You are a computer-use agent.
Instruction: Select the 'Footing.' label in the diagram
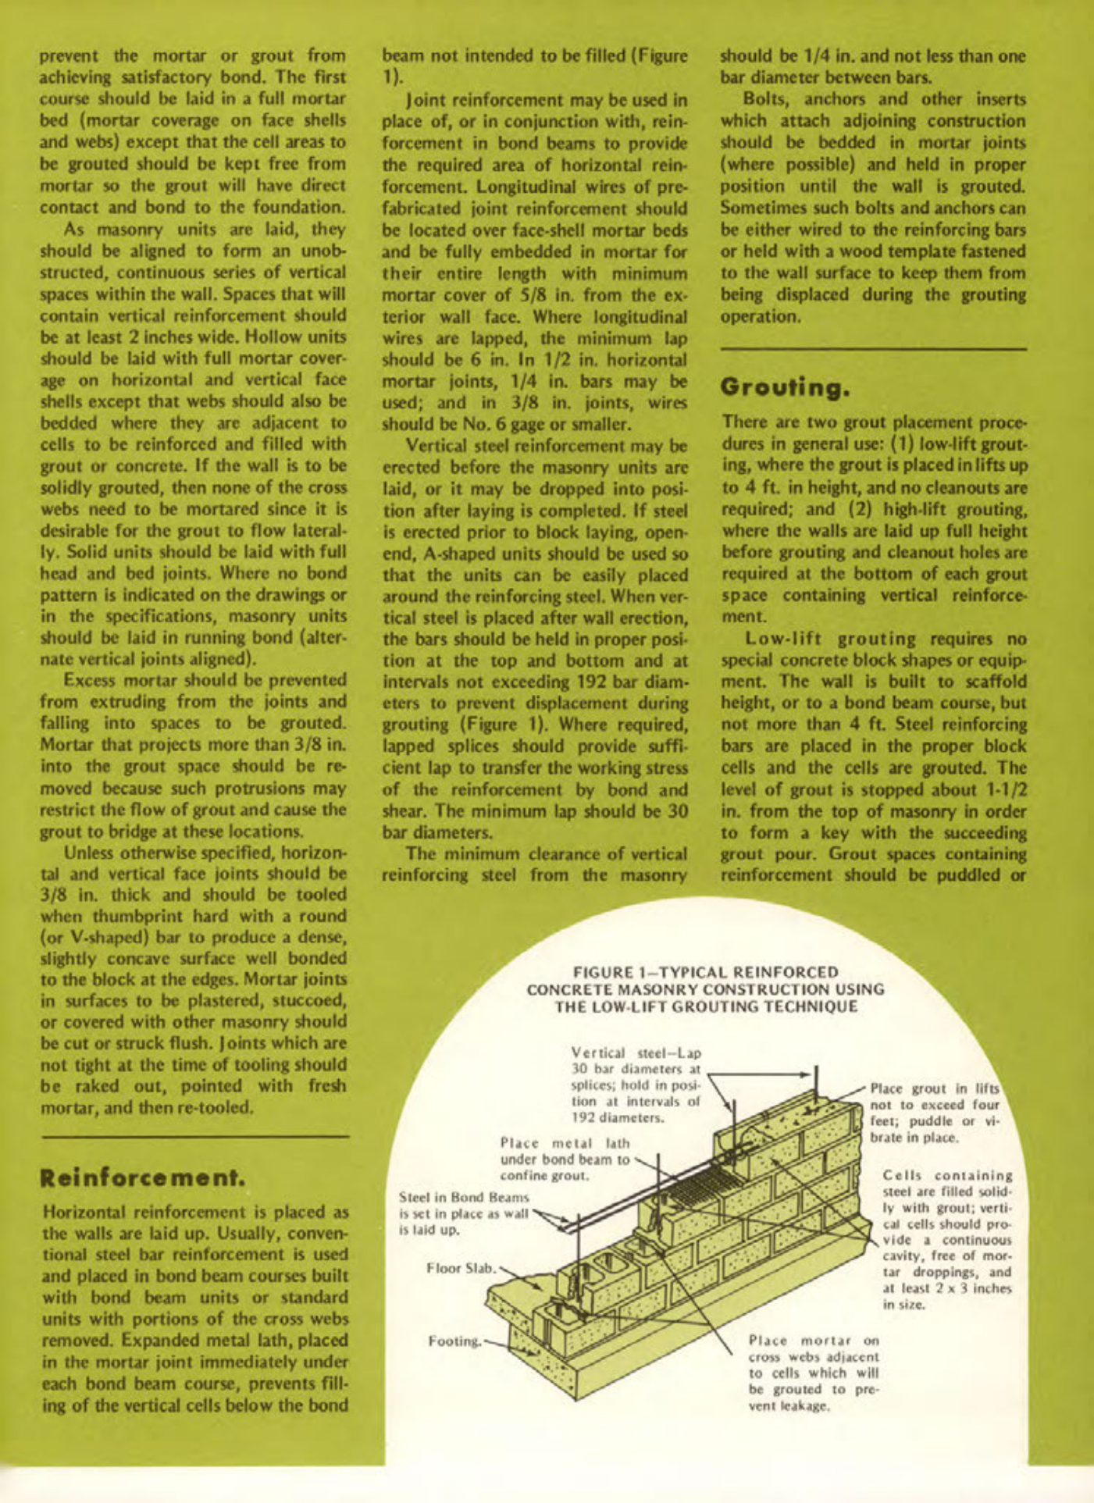pos(455,1341)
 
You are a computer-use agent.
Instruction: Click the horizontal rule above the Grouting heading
pos(872,349)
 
